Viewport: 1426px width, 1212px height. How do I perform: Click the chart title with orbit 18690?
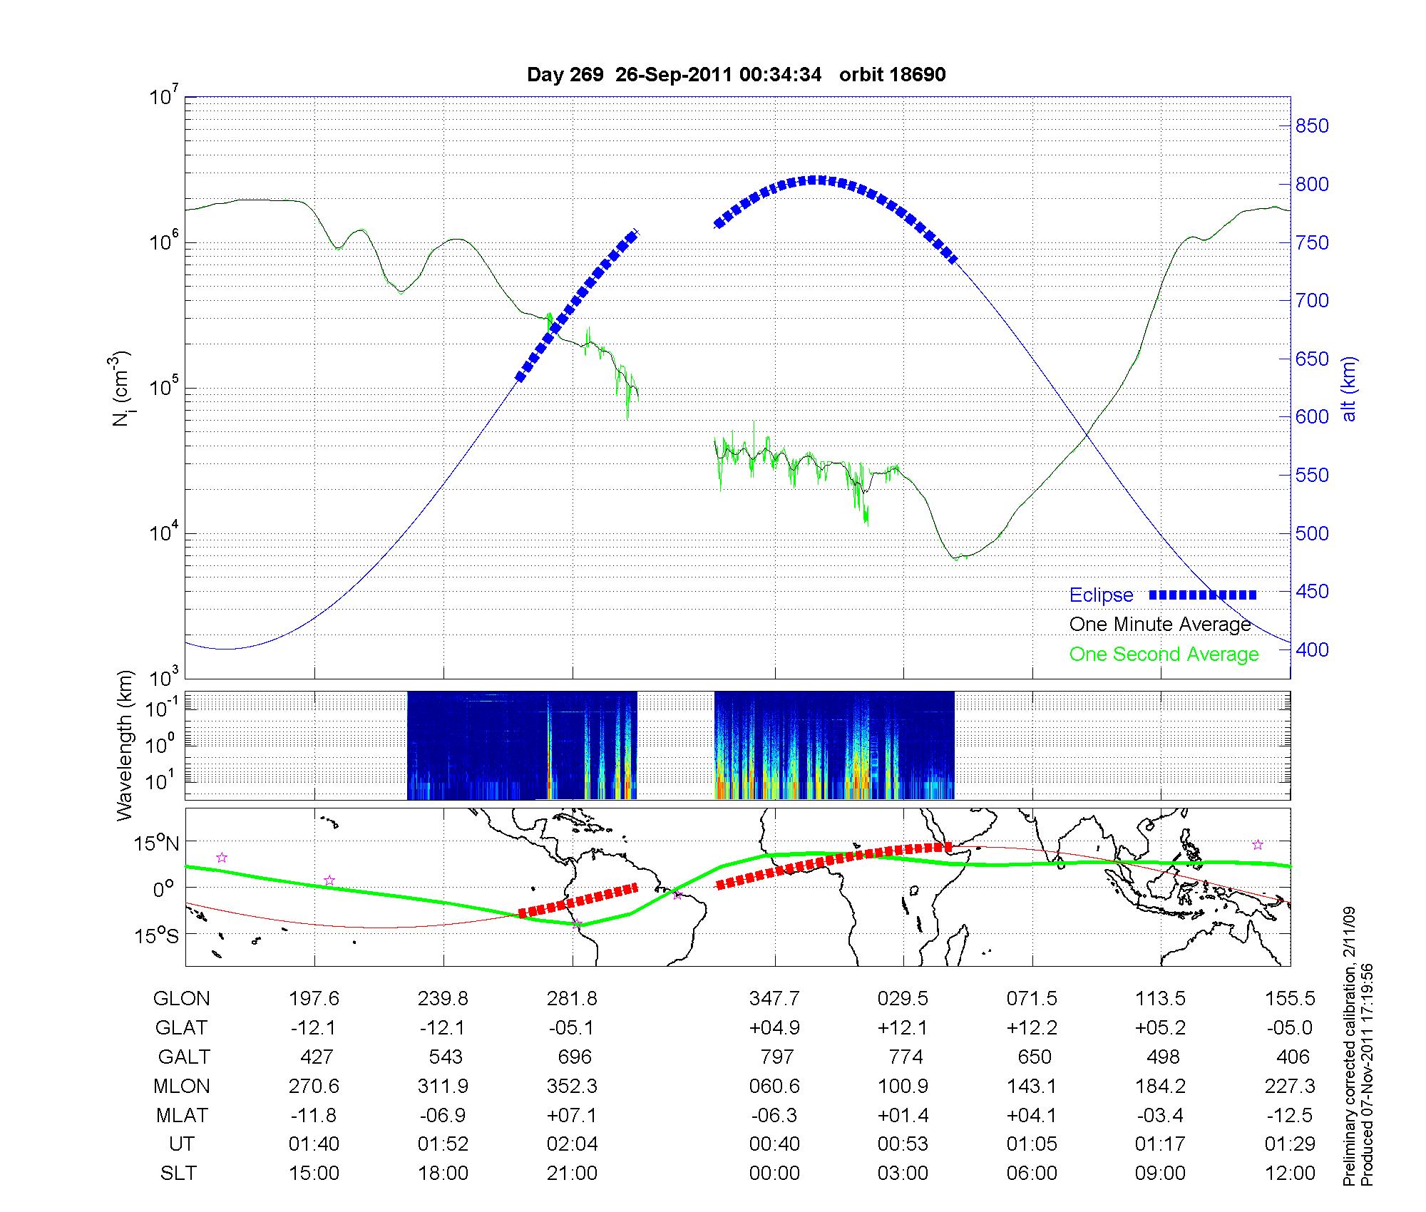click(x=736, y=75)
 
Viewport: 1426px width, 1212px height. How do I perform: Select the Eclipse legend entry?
click(x=1101, y=595)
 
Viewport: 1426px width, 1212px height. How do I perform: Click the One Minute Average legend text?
click(x=1160, y=625)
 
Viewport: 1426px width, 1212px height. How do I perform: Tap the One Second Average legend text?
click(x=1164, y=654)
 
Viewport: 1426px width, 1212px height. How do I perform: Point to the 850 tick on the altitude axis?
click(x=1312, y=126)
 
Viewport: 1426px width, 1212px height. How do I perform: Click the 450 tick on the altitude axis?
click(x=1312, y=592)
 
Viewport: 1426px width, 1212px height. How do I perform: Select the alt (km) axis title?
click(x=1349, y=389)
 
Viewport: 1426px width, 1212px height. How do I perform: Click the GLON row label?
click(x=181, y=999)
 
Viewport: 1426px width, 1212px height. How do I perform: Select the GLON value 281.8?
click(x=572, y=999)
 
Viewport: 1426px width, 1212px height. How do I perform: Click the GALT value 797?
click(x=776, y=1057)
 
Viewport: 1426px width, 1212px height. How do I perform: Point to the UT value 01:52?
click(x=443, y=1144)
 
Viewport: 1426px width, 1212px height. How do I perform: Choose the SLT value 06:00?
click(x=1032, y=1173)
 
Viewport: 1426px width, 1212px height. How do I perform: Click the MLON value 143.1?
click(x=1032, y=1086)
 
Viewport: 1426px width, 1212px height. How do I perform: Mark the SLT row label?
click(x=178, y=1173)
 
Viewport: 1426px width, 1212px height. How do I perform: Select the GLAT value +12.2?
click(x=1032, y=1028)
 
